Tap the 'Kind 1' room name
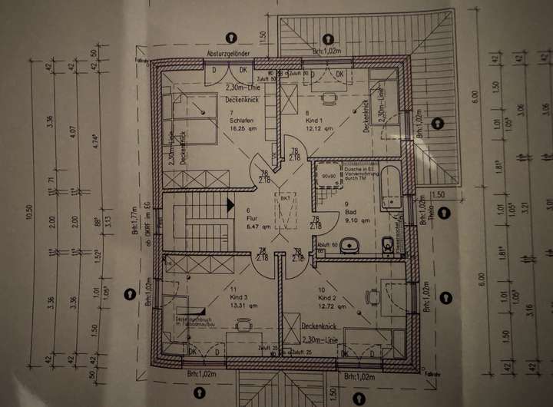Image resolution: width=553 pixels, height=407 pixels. pos(313,121)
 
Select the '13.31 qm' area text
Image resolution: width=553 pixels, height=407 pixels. pos(236,304)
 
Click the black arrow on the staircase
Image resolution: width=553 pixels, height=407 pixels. pos(230,204)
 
